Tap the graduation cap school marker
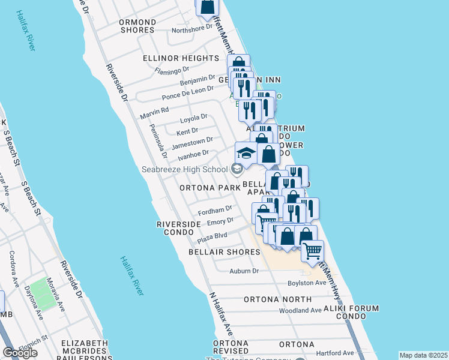(x=246, y=154)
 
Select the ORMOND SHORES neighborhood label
(x=138, y=26)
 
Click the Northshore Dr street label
(x=192, y=28)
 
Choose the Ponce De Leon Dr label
(x=187, y=93)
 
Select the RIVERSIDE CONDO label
(x=178, y=228)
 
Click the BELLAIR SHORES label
(x=224, y=252)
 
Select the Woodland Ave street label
(x=301, y=310)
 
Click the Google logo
(x=20, y=353)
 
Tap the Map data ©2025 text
(x=423, y=355)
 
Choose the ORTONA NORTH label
(x=277, y=299)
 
